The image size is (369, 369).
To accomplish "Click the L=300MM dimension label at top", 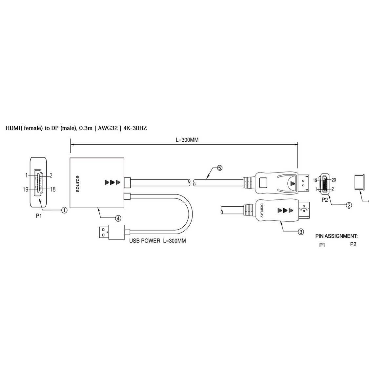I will pos(187,140).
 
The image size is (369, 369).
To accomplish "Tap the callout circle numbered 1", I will pos(65,210).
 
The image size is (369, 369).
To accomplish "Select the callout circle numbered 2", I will pos(349,205).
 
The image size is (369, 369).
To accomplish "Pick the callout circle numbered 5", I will pos(219,168).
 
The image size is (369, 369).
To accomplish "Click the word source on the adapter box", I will pos(77,183).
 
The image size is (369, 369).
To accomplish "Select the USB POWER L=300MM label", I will pos(157,241).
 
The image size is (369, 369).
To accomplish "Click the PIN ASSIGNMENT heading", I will pos(336,236).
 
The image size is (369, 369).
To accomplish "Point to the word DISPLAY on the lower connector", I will pos(262,211).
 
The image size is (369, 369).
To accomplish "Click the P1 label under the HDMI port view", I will pos(39,216).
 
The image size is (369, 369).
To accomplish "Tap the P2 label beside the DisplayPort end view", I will pos(324,200).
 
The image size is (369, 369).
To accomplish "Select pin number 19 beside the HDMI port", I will pos(26,189).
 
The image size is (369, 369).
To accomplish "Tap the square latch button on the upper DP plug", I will pos(263,181).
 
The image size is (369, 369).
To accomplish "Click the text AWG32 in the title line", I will pos(108,128).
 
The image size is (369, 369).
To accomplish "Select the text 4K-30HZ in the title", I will pos(135,128).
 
